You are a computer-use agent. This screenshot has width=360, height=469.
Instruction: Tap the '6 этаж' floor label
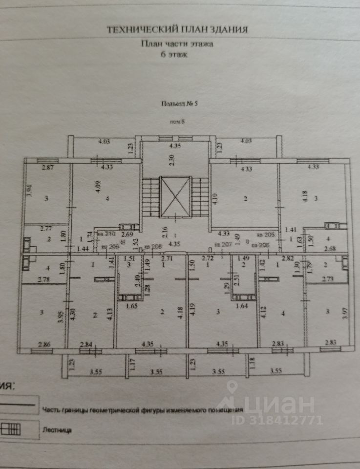pyautogui.click(x=176, y=55)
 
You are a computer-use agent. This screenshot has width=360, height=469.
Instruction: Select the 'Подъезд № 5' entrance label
pyautogui.click(x=178, y=104)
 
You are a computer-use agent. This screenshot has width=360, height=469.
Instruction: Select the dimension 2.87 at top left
pyautogui.click(x=47, y=168)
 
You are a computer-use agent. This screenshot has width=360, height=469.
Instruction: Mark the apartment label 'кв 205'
pyautogui.click(x=265, y=234)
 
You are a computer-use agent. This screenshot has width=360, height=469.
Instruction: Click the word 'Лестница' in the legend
pyautogui.click(x=58, y=431)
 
